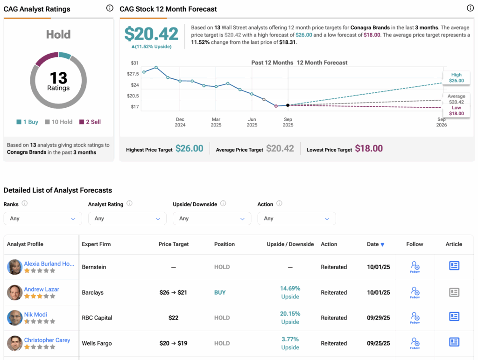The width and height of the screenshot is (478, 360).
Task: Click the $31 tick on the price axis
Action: click(x=134, y=63)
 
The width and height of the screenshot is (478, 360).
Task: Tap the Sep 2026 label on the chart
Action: click(x=441, y=122)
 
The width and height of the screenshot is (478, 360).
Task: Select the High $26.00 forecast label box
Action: click(x=456, y=77)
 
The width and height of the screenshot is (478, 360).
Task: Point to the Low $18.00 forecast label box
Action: click(x=456, y=111)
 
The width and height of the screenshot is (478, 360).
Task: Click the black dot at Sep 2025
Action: click(x=288, y=105)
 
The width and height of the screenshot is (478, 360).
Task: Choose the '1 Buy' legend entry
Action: click(x=27, y=122)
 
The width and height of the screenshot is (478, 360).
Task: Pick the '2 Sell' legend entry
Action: click(x=90, y=122)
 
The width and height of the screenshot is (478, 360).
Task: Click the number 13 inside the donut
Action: click(x=58, y=78)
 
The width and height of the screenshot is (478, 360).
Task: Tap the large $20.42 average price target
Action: click(x=151, y=34)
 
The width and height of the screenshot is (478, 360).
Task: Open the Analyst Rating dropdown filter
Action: click(x=127, y=218)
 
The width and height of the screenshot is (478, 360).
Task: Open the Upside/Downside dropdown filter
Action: click(x=211, y=218)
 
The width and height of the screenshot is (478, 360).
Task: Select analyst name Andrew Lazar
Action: click(x=42, y=289)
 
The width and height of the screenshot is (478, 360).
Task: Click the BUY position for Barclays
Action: click(x=220, y=292)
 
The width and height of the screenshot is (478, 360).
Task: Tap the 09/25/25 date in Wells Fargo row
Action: click(x=378, y=343)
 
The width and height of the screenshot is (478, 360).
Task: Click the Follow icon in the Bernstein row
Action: click(x=415, y=267)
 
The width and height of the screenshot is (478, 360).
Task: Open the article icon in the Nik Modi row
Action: click(x=454, y=317)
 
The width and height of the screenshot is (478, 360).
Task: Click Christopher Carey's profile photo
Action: click(x=15, y=343)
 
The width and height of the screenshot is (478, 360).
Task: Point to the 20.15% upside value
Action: click(x=290, y=314)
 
